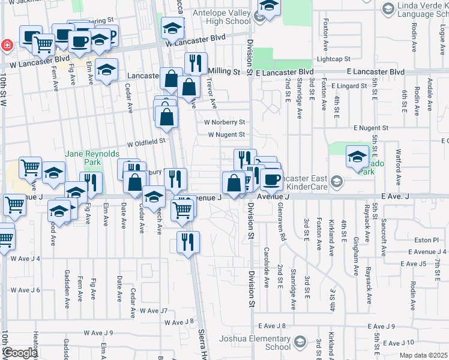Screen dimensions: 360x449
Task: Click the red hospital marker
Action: click(6, 44)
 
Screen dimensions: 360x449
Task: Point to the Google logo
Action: click(19, 353)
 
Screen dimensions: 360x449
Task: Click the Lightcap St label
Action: click(333, 59)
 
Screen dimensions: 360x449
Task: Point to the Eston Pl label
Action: click(427, 239)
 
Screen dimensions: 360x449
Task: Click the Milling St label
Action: click(224, 71)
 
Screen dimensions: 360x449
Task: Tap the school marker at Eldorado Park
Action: click(357, 157)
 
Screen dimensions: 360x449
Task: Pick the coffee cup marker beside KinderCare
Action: click(271, 178)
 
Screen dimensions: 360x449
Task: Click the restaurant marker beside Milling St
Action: click(195, 63)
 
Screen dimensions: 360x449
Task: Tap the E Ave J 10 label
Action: click(398, 343)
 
